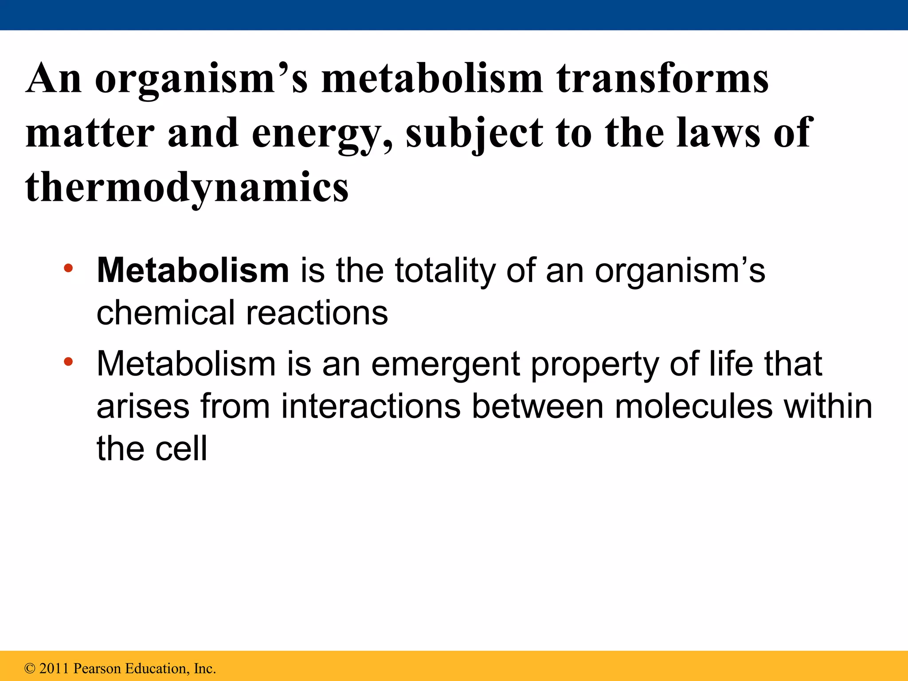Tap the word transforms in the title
pyautogui.click(x=662, y=79)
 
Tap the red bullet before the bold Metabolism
pyautogui.click(x=68, y=268)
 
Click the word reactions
pyautogui.click(x=317, y=313)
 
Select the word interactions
pyautogui.click(x=371, y=406)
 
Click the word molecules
pyautogui.click(x=693, y=406)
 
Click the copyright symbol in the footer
pyautogui.click(x=30, y=668)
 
